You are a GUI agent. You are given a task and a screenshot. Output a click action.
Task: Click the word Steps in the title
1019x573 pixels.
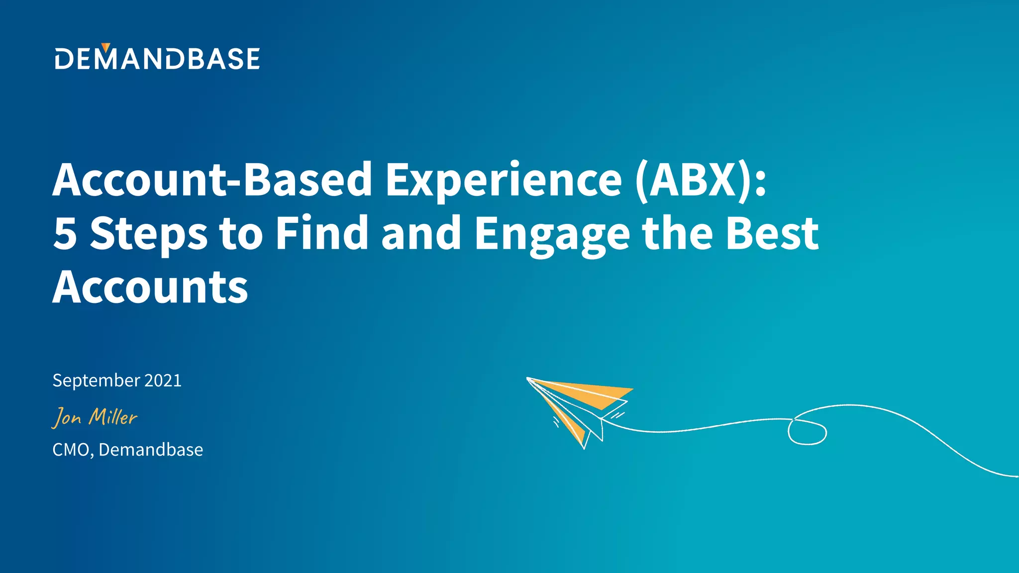148,234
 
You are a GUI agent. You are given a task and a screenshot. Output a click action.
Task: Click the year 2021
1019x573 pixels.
163,381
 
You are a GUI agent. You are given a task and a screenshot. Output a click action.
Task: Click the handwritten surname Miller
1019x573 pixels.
113,416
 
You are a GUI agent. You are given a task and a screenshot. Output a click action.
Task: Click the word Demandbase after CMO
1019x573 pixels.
151,450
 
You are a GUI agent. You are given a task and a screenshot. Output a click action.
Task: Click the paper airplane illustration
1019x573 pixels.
580,408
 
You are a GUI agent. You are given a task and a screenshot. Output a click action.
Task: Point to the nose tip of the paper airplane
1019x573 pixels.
528,379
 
